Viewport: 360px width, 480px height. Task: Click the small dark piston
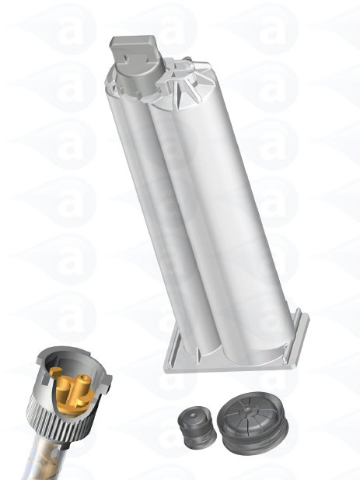click(x=195, y=427)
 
